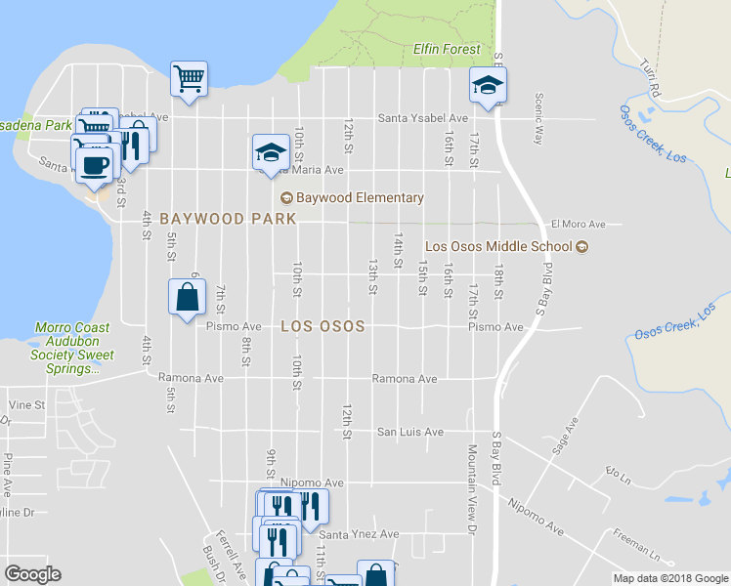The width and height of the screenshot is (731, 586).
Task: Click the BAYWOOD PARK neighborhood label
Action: [228, 219]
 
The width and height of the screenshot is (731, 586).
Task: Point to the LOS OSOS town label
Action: [322, 326]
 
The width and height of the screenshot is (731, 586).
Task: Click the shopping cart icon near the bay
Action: [189, 78]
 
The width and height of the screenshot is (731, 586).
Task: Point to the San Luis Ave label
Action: [410, 432]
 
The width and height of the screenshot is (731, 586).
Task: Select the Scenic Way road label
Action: [537, 118]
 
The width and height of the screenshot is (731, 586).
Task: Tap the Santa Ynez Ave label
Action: [361, 534]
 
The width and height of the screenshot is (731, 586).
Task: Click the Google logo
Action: [32, 574]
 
